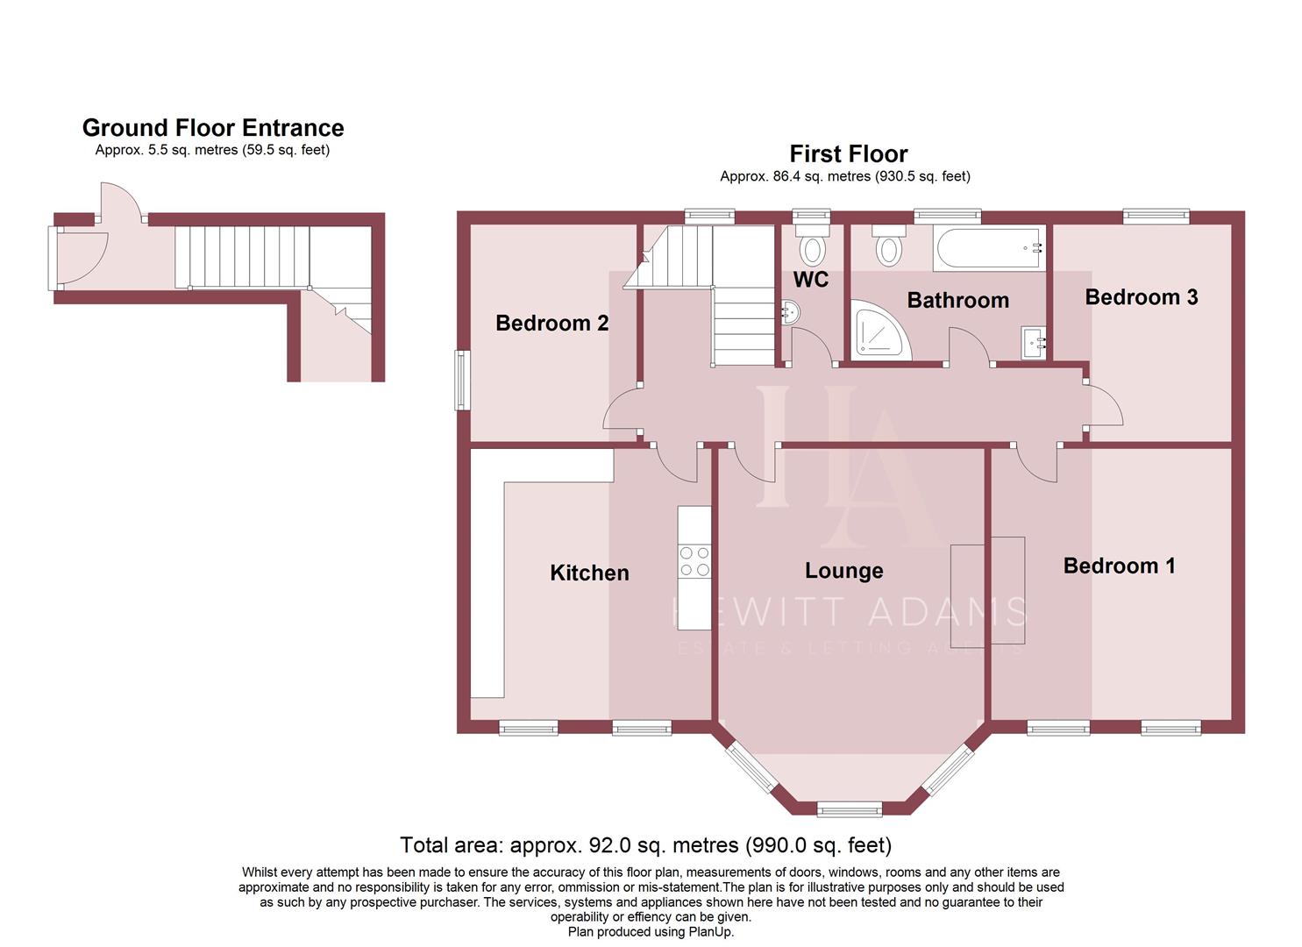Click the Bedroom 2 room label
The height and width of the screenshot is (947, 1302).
pyautogui.click(x=551, y=324)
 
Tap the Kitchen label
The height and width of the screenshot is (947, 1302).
pyautogui.click(x=589, y=573)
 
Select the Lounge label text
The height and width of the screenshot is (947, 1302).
pyautogui.click(x=843, y=572)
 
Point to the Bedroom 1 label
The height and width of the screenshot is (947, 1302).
pyautogui.click(x=1119, y=566)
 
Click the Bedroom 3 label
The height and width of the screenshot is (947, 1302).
pyautogui.click(x=1141, y=297)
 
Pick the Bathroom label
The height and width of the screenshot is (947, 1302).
pyautogui.click(x=957, y=301)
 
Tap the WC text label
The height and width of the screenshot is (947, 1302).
pyautogui.click(x=811, y=281)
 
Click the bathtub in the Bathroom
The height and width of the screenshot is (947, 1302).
pyautogui.click(x=989, y=248)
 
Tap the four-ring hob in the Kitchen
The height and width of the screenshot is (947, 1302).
pyautogui.click(x=694, y=561)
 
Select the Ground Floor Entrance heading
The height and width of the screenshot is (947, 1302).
pyautogui.click(x=213, y=128)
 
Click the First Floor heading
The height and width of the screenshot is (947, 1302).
pyautogui.click(x=848, y=154)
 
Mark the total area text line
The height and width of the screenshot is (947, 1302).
pyautogui.click(x=645, y=845)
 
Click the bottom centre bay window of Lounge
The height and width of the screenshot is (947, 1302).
pyautogui.click(x=849, y=808)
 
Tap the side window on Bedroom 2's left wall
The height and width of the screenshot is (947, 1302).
pyautogui.click(x=460, y=380)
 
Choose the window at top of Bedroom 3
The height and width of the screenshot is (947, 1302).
pyautogui.click(x=1156, y=215)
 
